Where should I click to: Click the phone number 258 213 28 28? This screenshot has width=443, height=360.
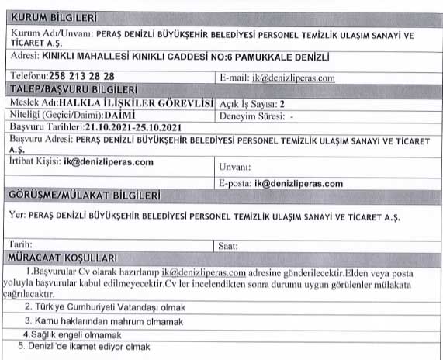click(x=81, y=77)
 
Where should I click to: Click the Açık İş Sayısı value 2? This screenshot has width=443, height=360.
click(x=282, y=102)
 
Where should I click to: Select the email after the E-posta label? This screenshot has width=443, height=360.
click(x=297, y=183)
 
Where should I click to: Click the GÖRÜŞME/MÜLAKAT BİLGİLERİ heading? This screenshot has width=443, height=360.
click(x=84, y=194)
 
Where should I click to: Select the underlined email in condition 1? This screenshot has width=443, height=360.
click(x=204, y=272)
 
